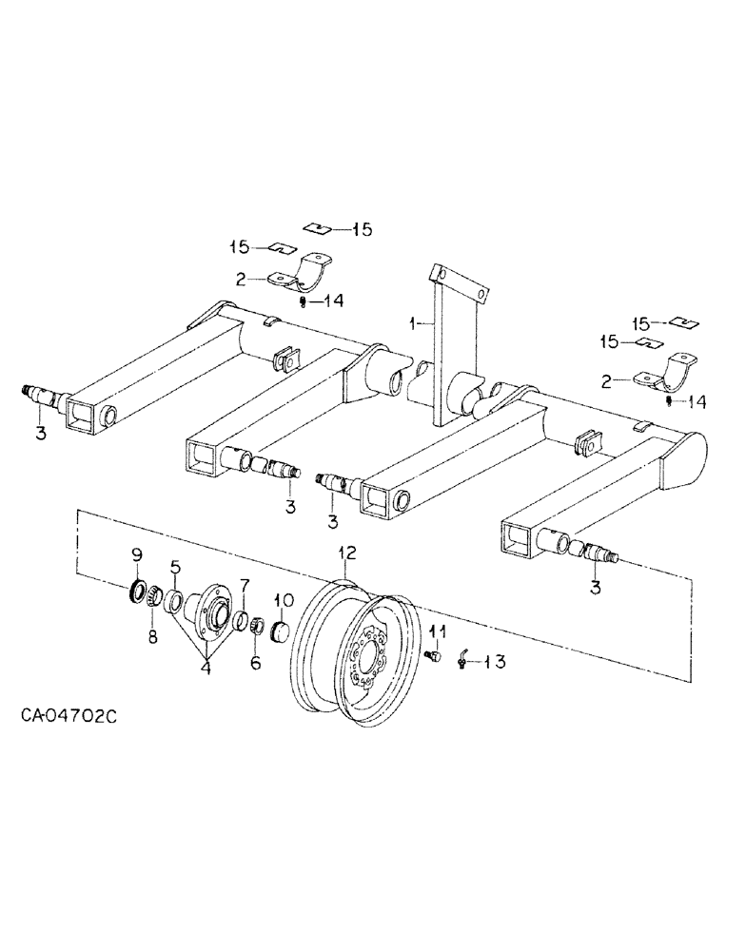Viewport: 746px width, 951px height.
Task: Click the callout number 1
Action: point(412,324)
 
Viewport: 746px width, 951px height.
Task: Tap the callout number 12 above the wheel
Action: point(345,552)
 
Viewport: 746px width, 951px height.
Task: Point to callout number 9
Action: point(136,553)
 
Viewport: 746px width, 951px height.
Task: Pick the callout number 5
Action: point(175,568)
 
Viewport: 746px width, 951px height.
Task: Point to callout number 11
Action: point(438,631)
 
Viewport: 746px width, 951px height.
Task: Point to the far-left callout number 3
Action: point(40,434)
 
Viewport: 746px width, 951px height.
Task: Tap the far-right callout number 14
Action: point(697,402)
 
